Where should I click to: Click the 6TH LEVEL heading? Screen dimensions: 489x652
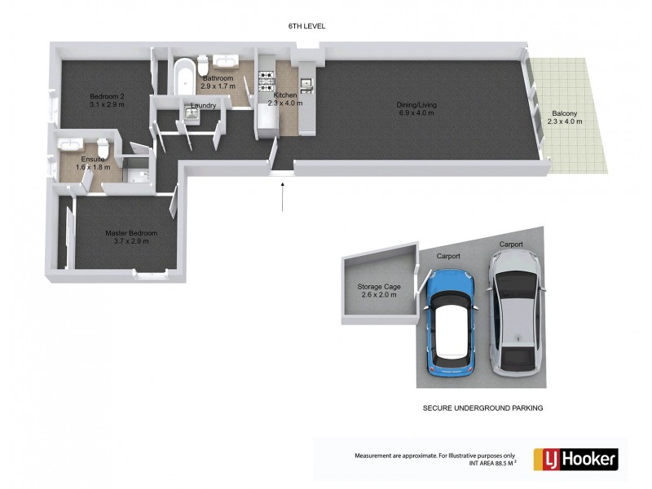(307, 26)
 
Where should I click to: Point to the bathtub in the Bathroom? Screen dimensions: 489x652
(184, 76)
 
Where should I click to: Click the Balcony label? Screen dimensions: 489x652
(565, 113)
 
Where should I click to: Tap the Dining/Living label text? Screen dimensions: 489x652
(417, 104)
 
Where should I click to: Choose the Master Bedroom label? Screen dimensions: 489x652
(130, 233)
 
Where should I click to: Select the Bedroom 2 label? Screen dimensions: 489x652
(106, 96)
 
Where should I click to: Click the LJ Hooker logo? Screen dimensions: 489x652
(575, 458)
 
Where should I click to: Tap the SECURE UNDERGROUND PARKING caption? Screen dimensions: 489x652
(482, 408)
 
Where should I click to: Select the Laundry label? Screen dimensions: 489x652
(201, 106)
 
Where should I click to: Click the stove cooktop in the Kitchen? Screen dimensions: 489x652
(266, 79)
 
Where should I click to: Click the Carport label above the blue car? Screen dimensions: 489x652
(448, 256)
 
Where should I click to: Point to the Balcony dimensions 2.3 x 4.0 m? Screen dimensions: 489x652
(565, 122)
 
